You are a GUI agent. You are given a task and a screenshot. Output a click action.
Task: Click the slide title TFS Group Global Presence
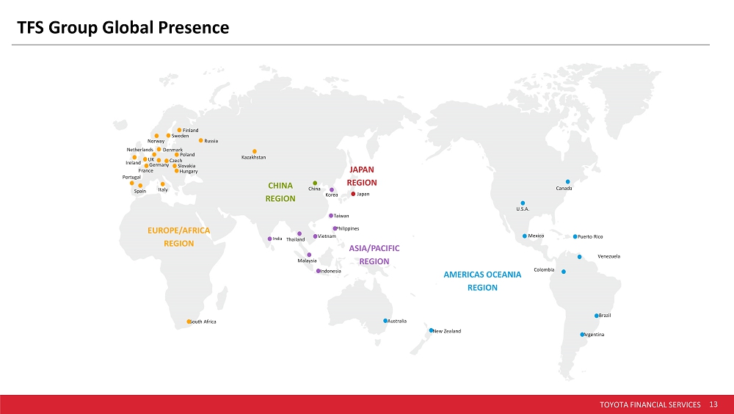point(123,28)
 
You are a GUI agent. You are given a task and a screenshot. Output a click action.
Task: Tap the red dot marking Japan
point(353,194)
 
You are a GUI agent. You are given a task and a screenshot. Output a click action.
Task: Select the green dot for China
point(315,183)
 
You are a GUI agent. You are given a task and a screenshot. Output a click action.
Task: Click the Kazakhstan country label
point(254,157)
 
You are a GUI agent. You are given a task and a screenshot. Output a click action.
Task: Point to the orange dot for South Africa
point(189,322)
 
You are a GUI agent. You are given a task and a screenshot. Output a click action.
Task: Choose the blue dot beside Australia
point(385,321)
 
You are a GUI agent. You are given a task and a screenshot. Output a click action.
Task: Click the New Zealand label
point(447,331)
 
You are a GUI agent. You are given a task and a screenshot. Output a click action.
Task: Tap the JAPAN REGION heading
point(362,176)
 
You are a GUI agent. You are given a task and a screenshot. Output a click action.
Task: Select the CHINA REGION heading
point(280,192)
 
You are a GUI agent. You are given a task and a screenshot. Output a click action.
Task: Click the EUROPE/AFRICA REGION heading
point(179,237)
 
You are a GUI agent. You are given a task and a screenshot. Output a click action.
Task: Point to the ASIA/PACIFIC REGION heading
point(374,255)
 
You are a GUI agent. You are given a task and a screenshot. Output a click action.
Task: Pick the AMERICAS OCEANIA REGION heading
point(483,281)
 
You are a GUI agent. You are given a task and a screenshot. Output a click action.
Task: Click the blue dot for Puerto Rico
point(575,236)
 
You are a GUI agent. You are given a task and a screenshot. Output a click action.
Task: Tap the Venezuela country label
point(609,257)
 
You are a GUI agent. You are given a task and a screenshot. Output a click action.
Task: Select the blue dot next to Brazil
point(596,316)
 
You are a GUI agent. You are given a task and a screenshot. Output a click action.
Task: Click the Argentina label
point(595,335)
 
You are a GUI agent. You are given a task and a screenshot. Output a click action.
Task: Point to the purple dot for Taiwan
point(331,216)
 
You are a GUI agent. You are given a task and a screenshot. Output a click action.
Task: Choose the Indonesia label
point(331,271)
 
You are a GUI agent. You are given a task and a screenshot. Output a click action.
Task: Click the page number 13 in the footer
point(713,404)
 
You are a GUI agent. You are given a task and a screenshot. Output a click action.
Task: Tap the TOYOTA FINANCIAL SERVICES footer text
point(650,404)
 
